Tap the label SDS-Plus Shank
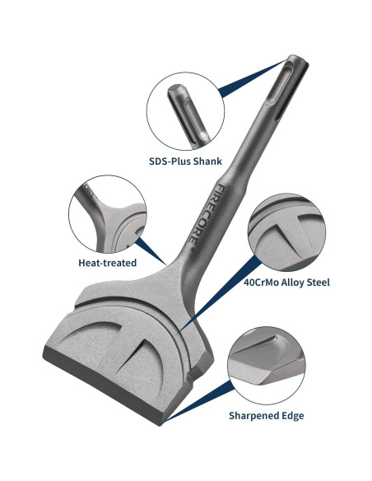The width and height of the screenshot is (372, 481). [185, 161]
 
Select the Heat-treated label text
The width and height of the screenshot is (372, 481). [107, 263]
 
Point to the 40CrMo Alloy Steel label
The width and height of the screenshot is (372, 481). [286, 283]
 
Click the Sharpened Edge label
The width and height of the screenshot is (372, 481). [267, 416]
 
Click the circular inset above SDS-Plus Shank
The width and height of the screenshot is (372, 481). [185, 111]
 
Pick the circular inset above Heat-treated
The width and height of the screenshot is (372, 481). [108, 214]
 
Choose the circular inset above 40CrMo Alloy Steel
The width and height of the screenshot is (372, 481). [286, 232]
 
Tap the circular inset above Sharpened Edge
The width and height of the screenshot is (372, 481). [267, 366]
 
